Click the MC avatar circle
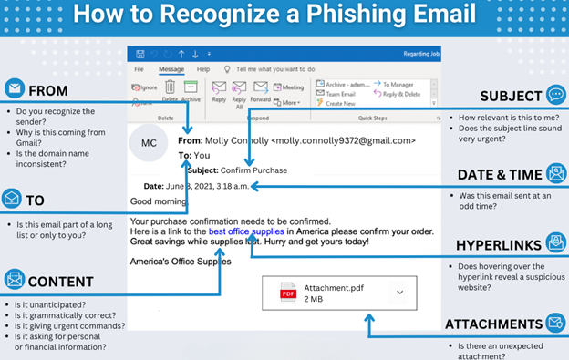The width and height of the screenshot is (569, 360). click(149, 142)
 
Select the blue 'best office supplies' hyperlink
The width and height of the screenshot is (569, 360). click(246, 231)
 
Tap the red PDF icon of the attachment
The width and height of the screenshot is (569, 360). click(288, 293)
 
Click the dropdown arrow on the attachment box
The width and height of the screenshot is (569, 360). click(399, 293)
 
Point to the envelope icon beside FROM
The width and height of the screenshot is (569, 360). click(14, 89)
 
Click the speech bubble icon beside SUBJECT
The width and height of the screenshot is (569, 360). click(555, 96)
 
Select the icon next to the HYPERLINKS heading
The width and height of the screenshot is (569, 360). click(555, 243)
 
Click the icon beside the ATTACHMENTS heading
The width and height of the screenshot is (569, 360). click(555, 323)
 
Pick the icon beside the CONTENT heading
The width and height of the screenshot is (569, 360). click(14, 280)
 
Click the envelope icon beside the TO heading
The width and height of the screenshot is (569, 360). click(12, 199)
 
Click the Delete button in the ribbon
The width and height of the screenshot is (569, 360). click(170, 91)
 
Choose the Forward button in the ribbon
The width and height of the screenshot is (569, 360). click(260, 92)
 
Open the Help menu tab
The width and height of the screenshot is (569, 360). click(203, 69)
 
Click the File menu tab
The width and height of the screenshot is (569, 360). click(140, 69)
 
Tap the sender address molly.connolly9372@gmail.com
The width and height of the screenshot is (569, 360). click(343, 141)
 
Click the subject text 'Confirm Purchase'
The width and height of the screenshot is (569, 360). click(256, 170)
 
